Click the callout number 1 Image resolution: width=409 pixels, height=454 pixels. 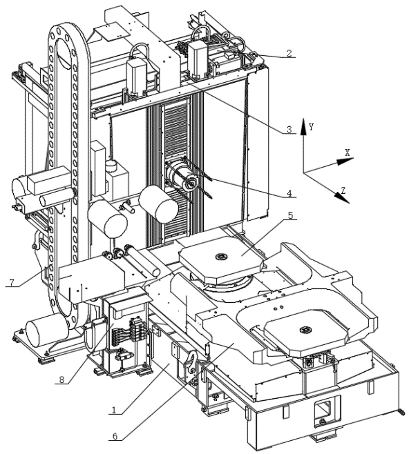pyautogui.click(x=114, y=409)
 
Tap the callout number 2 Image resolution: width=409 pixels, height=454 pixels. pyautogui.click(x=289, y=53)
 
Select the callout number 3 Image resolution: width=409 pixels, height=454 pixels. pyautogui.click(x=289, y=130)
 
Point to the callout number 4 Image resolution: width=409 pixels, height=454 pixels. pyautogui.click(x=289, y=193)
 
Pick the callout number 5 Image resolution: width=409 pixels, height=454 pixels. pyautogui.click(x=290, y=215)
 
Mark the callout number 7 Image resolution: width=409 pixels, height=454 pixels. pyautogui.click(x=12, y=282)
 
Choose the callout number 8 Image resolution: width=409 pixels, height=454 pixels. pyautogui.click(x=61, y=379)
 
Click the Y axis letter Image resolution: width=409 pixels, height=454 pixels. pyautogui.click(x=312, y=127)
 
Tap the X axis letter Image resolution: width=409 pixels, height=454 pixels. pyautogui.click(x=347, y=153)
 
